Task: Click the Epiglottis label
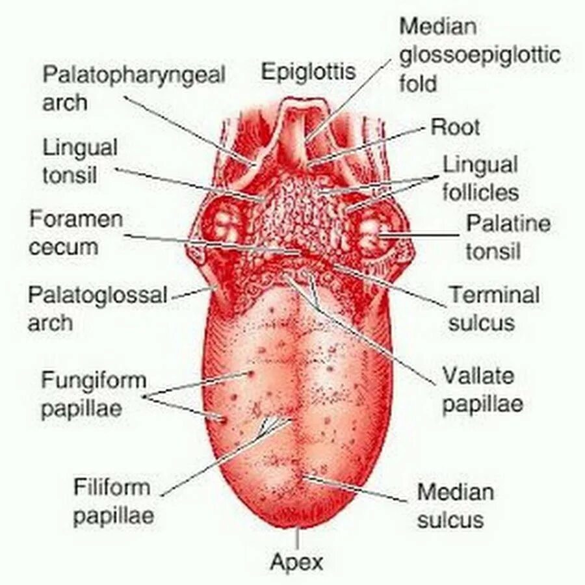point(308,71)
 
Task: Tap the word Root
point(455,127)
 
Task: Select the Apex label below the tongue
point(296,562)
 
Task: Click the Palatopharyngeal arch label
point(134,88)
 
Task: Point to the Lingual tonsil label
point(80,162)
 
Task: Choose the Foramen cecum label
point(75,233)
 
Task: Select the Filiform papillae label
point(112,501)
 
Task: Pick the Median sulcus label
point(455,506)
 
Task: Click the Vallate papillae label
point(482,390)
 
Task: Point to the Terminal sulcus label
point(494,309)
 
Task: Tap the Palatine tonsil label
point(508,237)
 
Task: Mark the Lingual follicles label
point(481,178)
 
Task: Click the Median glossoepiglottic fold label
point(480,55)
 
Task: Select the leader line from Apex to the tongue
point(298,538)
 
